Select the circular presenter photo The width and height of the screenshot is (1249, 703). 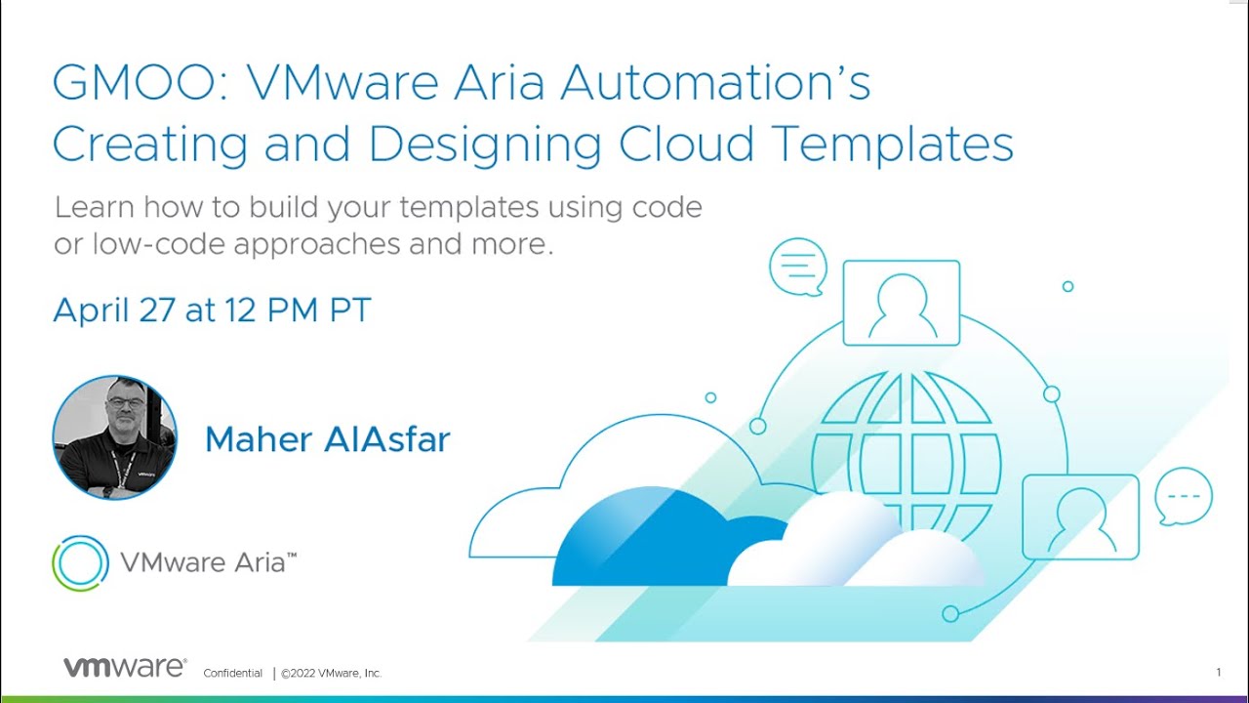[x=115, y=437]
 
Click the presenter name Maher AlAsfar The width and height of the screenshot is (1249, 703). [x=327, y=439]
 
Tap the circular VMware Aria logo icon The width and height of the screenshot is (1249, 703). [x=80, y=563]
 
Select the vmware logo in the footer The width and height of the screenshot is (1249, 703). [x=124, y=668]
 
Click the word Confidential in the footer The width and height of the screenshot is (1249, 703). [x=232, y=673]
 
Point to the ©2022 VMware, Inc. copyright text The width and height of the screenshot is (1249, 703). [x=332, y=673]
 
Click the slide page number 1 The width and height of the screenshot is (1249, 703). [x=1219, y=672]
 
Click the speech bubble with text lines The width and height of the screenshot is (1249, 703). [x=797, y=266]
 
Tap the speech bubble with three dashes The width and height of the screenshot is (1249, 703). [x=1184, y=496]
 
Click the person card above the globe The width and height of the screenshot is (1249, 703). [x=901, y=303]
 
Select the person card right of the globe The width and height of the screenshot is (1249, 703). [x=1080, y=517]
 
